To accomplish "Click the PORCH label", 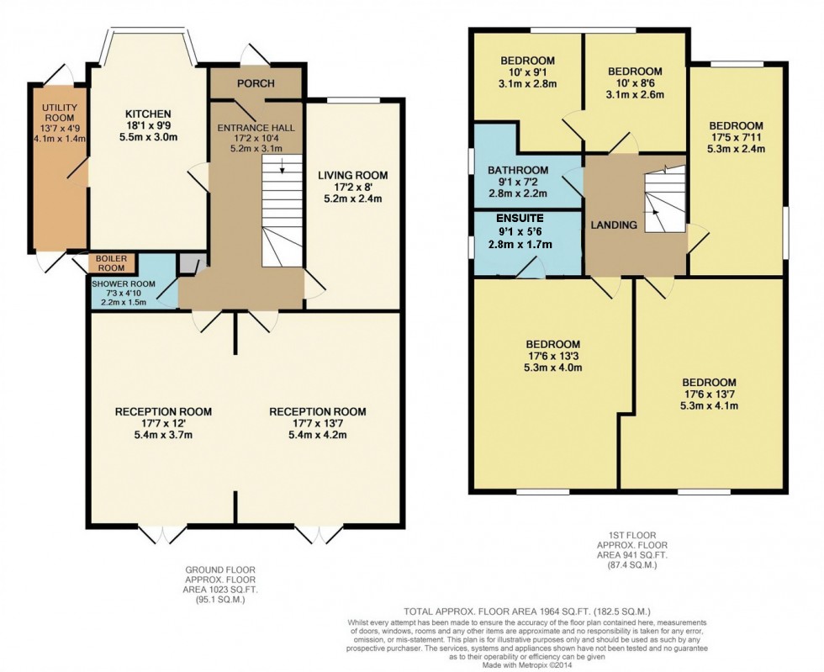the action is (x=256, y=83).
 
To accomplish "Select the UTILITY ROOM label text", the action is (x=60, y=113).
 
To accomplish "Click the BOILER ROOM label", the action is (x=111, y=263).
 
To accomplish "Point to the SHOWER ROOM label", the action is (x=124, y=284).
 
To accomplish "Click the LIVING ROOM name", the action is (x=353, y=176).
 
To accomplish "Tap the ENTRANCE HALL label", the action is (x=256, y=128).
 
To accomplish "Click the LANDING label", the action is (x=614, y=225).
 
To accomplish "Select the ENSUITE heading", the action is (x=520, y=218).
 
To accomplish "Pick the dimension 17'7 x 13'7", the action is (x=318, y=423).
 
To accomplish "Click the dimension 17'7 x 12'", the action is (x=163, y=423).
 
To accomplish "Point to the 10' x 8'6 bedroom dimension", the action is (x=635, y=83).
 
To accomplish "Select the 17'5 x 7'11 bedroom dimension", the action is (x=736, y=137).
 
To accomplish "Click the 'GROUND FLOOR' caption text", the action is (x=220, y=569).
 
